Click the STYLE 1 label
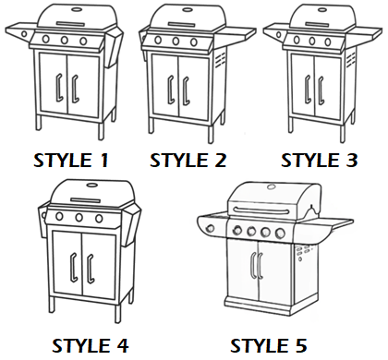(71, 161)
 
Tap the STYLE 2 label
(188, 161)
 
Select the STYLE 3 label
(320, 161)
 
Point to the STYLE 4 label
(91, 345)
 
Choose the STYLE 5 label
(269, 345)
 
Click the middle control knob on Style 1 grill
(65, 40)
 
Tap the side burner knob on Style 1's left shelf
(24, 33)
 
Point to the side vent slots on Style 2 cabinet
(220, 59)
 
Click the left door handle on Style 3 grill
(308, 90)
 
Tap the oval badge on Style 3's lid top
(322, 10)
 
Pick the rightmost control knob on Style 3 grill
(328, 42)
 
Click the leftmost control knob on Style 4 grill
(59, 216)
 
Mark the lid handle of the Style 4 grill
(86, 200)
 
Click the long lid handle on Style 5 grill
(261, 210)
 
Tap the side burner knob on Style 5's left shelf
(211, 228)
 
